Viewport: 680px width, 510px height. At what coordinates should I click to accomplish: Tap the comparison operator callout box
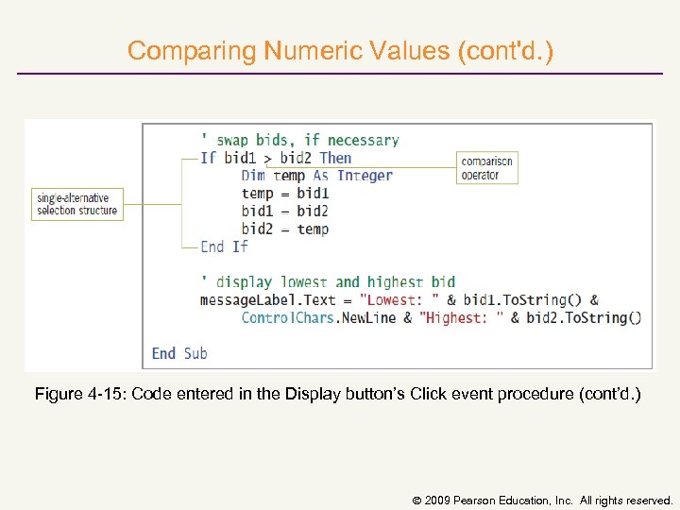point(486,167)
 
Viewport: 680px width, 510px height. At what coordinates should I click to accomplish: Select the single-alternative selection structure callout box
point(77,204)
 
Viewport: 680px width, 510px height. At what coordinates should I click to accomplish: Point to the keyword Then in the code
point(335,158)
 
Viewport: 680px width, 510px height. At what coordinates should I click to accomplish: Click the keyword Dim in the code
point(253,176)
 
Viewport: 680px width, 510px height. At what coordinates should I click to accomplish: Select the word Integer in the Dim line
point(365,176)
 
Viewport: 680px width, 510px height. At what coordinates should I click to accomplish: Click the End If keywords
point(224,246)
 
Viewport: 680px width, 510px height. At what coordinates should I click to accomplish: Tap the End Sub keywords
point(179,353)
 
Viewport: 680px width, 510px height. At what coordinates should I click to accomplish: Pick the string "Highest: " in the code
point(462,318)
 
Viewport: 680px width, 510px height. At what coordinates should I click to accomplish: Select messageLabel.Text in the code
point(268,300)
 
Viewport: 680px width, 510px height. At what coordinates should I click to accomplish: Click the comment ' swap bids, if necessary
point(299,140)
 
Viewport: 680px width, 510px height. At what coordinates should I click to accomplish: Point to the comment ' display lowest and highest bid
point(328,281)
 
